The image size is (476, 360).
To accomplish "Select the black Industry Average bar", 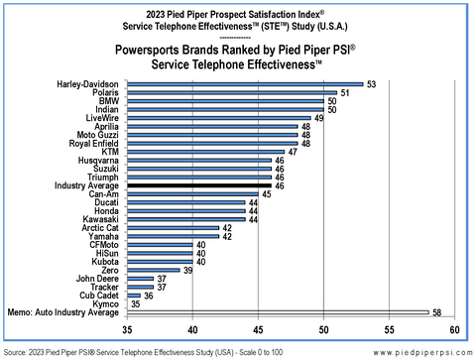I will point(199,185).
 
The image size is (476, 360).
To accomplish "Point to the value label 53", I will point(371,84).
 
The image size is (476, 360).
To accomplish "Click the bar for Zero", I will point(153,270).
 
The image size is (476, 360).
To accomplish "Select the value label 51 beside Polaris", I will point(345,93).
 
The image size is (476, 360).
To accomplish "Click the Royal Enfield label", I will point(92,143).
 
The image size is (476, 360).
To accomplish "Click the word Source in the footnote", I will point(15,351).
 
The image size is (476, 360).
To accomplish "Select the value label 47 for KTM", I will point(293,152).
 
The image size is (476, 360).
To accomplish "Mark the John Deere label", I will point(97,279).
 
